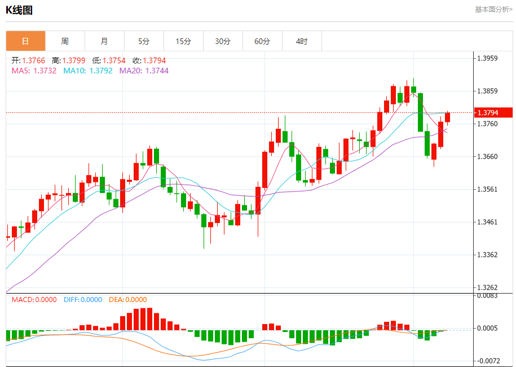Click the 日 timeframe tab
point(25,41)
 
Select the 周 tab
point(65,41)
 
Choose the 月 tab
point(104,41)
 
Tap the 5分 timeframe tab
point(144,41)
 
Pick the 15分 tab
point(183,41)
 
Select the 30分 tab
point(223,41)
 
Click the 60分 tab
point(262,41)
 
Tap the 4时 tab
point(302,41)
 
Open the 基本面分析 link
point(493,10)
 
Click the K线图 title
point(19,10)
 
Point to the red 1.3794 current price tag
point(493,112)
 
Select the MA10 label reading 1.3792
point(88,71)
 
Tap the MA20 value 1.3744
point(144,71)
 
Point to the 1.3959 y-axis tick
point(488,58)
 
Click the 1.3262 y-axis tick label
point(488,287)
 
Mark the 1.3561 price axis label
point(488,189)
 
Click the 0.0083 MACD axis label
point(487,295)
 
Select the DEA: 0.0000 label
point(127,300)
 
